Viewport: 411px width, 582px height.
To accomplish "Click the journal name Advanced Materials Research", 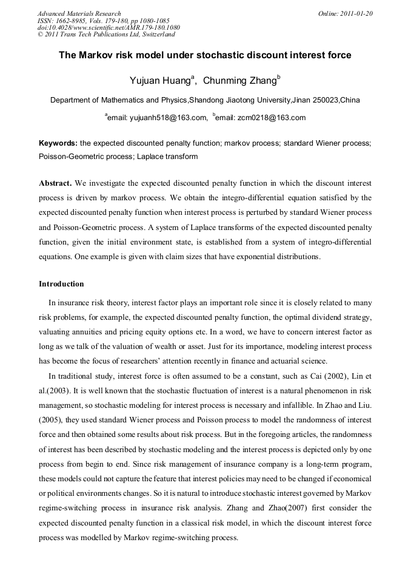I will tap(79, 13).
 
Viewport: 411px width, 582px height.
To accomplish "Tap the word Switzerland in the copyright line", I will tap(155, 35).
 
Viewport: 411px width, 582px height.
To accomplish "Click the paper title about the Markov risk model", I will tap(205, 55).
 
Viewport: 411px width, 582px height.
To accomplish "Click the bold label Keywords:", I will tap(58, 144).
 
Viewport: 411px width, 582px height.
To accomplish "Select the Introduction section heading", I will tap(61, 284).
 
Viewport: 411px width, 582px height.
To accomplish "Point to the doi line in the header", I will tap(109, 28).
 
